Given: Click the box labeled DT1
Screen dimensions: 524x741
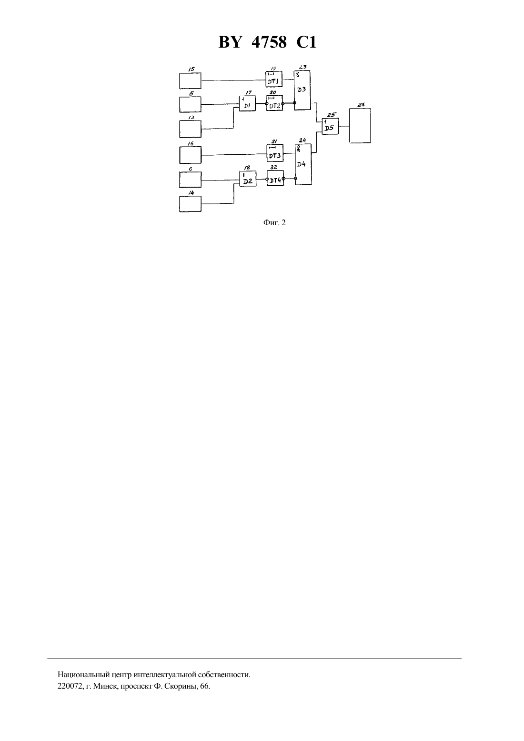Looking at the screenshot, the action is pyautogui.click(x=274, y=79).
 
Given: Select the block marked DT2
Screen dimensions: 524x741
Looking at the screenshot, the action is pyautogui.click(x=274, y=103).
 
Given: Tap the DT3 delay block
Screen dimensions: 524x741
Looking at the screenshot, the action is pyautogui.click(x=275, y=153).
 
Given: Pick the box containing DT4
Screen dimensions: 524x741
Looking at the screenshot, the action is pyautogui.click(x=275, y=178).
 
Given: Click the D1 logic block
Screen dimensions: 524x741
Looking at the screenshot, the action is pyautogui.click(x=247, y=103).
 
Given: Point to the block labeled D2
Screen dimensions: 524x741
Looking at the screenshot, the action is pyautogui.click(x=248, y=179).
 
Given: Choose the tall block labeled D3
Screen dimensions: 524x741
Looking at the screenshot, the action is pyautogui.click(x=302, y=90).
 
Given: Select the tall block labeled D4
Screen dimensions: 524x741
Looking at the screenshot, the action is pyautogui.click(x=303, y=164).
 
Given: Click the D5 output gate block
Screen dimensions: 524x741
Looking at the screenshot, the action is pyautogui.click(x=330, y=126).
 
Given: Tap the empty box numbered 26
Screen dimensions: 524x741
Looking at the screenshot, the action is pyautogui.click(x=360, y=126).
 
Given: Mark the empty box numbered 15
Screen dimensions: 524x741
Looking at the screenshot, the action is pyautogui.click(x=190, y=81).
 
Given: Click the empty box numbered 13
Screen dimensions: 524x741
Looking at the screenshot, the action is pyautogui.click(x=190, y=129).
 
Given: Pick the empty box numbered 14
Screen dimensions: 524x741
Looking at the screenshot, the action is pyautogui.click(x=190, y=204).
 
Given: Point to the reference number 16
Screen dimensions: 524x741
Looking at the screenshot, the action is pyautogui.click(x=191, y=143).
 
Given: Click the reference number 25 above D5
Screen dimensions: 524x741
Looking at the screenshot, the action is pyautogui.click(x=331, y=115).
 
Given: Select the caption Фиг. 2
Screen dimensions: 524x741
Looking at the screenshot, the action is pyautogui.click(x=274, y=222).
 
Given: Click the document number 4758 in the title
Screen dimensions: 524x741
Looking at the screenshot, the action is pyautogui.click(x=269, y=42).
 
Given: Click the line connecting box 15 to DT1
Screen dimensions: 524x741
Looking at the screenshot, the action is pyautogui.click(x=233, y=80).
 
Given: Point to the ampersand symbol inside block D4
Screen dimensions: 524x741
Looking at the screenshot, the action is pyautogui.click(x=298, y=149).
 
